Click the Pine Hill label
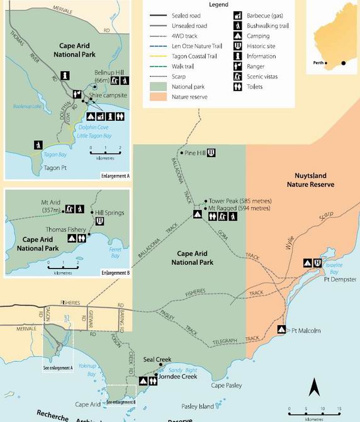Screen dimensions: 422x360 (194, 153)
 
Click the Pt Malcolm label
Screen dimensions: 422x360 (307, 330)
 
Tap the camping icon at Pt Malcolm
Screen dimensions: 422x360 (281, 329)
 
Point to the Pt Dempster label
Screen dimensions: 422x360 (340, 279)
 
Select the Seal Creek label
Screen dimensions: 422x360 (157, 359)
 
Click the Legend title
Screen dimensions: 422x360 (218, 4)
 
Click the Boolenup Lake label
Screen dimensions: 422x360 (27, 106)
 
